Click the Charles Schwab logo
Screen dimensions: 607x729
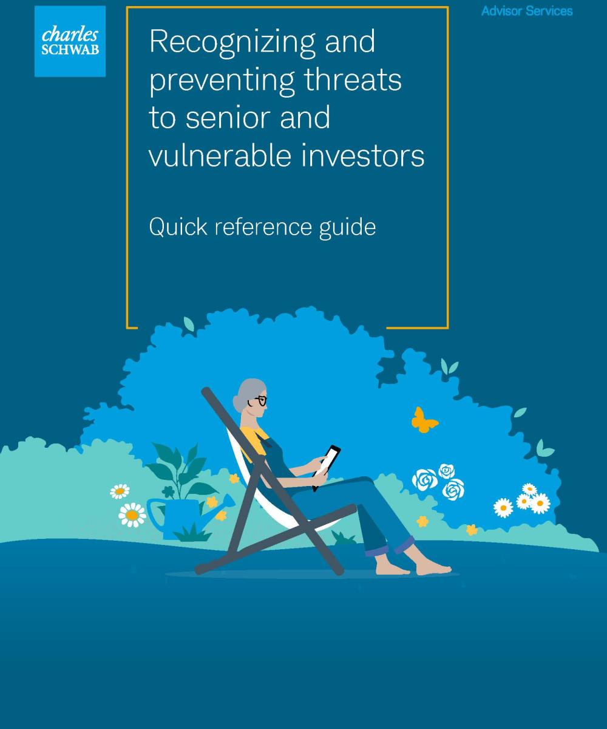coord(70,41)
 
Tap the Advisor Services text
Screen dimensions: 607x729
coord(527,11)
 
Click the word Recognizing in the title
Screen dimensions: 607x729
coord(232,43)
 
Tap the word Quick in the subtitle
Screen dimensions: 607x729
coord(178,227)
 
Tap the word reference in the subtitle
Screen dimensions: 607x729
coord(263,228)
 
